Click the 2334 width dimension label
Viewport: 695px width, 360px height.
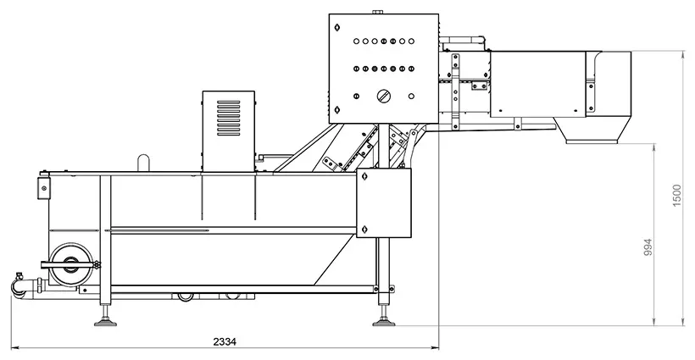pos(225,342)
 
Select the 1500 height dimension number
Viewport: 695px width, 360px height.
pos(677,196)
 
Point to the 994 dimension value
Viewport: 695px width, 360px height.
pos(648,248)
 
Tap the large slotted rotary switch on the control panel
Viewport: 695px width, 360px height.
pos(384,96)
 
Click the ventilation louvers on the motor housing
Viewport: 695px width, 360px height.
pos(228,118)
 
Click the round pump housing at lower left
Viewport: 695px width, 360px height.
pos(71,264)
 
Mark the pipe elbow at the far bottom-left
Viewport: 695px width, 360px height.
pos(18,288)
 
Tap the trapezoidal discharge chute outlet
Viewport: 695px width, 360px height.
pos(592,130)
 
